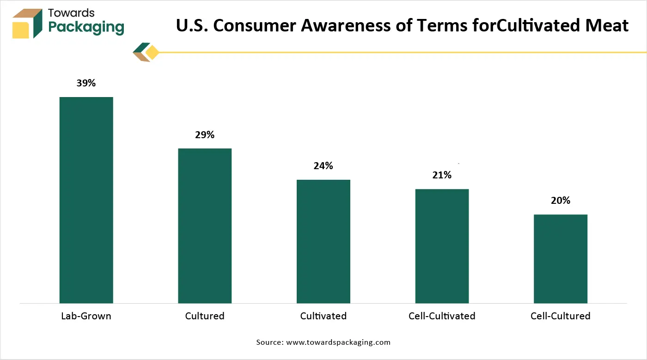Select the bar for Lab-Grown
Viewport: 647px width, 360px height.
(86, 200)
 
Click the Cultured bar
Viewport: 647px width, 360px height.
(205, 226)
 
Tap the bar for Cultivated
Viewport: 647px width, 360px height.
(323, 241)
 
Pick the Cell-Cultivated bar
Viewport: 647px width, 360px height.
(442, 246)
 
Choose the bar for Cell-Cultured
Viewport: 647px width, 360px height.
(560, 259)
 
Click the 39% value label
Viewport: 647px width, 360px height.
(86, 83)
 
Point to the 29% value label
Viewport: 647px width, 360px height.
(205, 135)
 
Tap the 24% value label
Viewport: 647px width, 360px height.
(323, 166)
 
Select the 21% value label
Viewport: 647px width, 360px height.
(442, 175)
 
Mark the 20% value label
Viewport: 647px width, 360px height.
(560, 201)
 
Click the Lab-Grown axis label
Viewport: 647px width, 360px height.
(86, 316)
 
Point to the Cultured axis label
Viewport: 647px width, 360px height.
(205, 316)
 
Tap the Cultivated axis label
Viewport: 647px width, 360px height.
(323, 316)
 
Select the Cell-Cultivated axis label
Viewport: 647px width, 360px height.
(442, 316)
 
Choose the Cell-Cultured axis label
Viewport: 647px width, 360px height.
(560, 316)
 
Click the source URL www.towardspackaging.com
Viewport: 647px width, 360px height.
(338, 342)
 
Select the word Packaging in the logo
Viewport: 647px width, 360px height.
(86, 27)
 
